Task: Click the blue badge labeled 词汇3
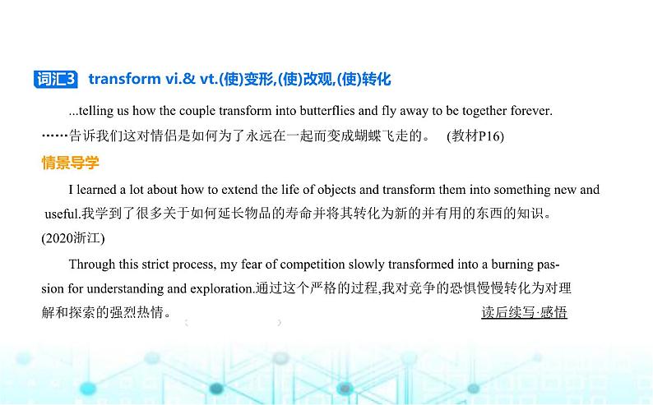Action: [55, 79]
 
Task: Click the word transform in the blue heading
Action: [124, 79]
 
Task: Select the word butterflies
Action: [327, 111]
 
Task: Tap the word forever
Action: [531, 111]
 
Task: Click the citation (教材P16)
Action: [475, 136]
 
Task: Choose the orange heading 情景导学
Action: [71, 163]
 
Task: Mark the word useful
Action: [62, 214]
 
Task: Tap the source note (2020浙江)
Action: [73, 238]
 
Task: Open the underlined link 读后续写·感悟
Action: [525, 312]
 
